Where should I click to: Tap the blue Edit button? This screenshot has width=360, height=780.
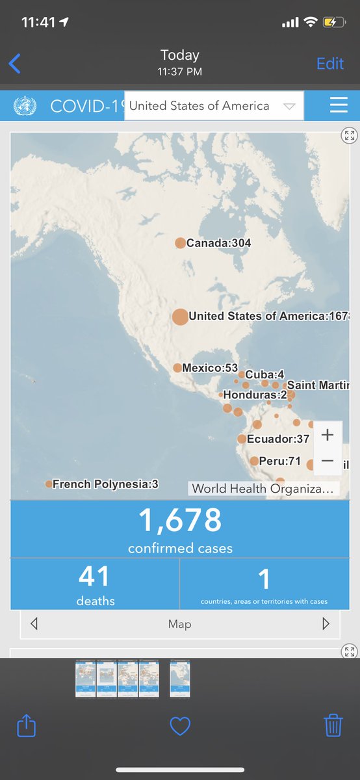coord(330,64)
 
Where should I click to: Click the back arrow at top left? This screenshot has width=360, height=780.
coord(15,64)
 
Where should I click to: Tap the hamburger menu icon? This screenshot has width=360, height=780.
coord(339,105)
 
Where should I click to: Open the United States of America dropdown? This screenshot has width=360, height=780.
coord(213,106)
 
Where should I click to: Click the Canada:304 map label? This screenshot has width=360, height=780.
coord(218,243)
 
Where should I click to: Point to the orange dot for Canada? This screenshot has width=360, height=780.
coord(180,243)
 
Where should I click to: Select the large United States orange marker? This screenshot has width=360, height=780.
coord(180,317)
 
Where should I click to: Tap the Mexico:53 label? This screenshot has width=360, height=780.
coord(210,368)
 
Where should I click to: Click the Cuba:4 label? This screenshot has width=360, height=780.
coord(264,374)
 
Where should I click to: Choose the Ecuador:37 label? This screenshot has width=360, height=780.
coord(278,439)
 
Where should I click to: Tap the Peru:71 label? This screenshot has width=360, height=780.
coord(279,461)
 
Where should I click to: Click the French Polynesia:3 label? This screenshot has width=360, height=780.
coord(105,484)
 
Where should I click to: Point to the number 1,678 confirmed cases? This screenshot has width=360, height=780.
coord(180,520)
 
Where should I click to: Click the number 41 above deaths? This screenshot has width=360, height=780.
coord(94,577)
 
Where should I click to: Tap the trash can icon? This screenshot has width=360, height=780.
coord(333,725)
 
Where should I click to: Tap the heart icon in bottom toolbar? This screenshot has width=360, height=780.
coord(180,725)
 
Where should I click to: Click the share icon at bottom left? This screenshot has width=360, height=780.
coord(27,725)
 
